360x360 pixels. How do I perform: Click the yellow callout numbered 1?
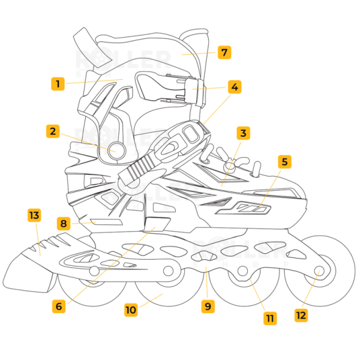click(x=58, y=84)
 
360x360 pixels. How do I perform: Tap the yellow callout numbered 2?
click(x=53, y=131)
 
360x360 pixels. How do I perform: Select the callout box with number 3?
click(x=242, y=133)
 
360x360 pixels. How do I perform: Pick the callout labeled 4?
click(x=235, y=86)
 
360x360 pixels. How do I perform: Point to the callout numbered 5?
click(x=285, y=161)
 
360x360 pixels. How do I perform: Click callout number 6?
click(x=58, y=306)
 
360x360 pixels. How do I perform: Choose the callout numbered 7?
click(x=224, y=52)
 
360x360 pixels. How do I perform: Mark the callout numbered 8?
click(x=63, y=224)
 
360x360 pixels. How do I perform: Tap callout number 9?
click(x=208, y=306)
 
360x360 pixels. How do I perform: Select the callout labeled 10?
click(x=131, y=310)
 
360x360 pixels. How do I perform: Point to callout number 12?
click(x=301, y=314)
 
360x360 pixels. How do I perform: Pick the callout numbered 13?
click(x=34, y=215)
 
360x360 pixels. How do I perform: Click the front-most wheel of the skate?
click(x=318, y=270)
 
